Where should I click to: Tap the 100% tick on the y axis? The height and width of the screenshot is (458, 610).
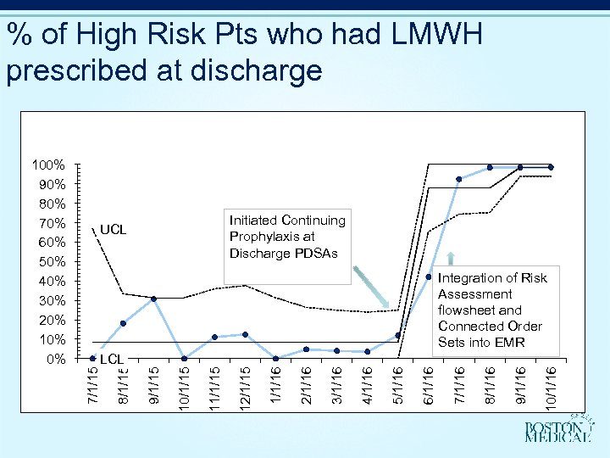pyautogui.click(x=48, y=165)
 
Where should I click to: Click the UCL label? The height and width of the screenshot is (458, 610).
pyautogui.click(x=113, y=230)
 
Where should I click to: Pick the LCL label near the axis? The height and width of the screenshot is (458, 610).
pyautogui.click(x=112, y=360)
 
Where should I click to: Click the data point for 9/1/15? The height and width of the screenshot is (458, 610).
pyautogui.click(x=153, y=299)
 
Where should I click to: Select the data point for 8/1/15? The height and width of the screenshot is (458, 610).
pyautogui.click(x=123, y=323)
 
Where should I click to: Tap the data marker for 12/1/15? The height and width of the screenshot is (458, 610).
pyautogui.click(x=245, y=334)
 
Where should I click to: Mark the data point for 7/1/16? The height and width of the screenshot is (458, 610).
pyautogui.click(x=459, y=179)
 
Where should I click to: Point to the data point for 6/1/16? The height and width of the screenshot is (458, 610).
pyautogui.click(x=429, y=277)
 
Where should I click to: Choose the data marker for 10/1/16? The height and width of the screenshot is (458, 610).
pyautogui.click(x=551, y=167)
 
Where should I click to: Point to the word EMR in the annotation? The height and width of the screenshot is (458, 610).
pyautogui.click(x=508, y=342)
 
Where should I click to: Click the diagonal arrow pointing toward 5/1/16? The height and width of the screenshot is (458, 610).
pyautogui.click(x=373, y=288)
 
